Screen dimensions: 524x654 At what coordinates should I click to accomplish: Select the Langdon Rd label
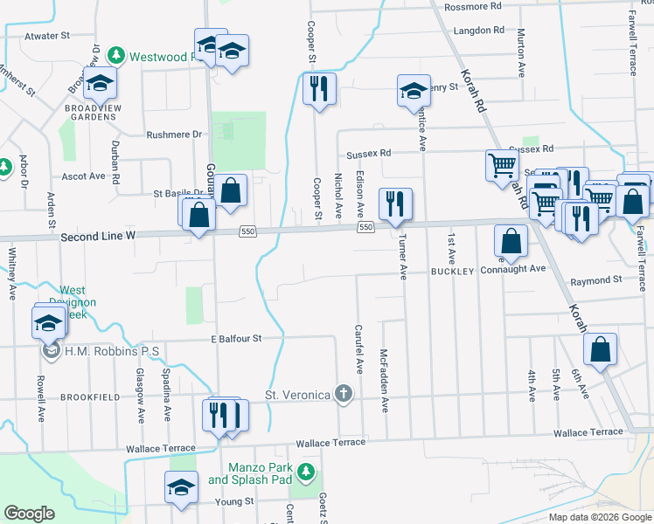[479, 30]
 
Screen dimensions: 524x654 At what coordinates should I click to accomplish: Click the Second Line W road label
[99, 237]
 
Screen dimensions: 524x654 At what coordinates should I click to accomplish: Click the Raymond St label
[596, 280]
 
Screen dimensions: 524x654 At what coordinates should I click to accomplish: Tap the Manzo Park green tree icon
[305, 472]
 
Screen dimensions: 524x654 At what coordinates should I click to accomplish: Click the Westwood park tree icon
[115, 56]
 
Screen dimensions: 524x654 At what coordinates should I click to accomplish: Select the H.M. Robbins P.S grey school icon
[48, 351]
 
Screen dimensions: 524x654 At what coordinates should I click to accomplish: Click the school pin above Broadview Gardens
[101, 84]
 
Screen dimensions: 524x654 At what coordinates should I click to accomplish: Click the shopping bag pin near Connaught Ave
[511, 240]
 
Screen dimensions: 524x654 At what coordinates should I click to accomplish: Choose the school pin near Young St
[181, 487]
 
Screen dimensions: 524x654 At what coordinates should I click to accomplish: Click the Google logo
[30, 514]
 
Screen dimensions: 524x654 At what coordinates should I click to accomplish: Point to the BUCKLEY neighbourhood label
[451, 272]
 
